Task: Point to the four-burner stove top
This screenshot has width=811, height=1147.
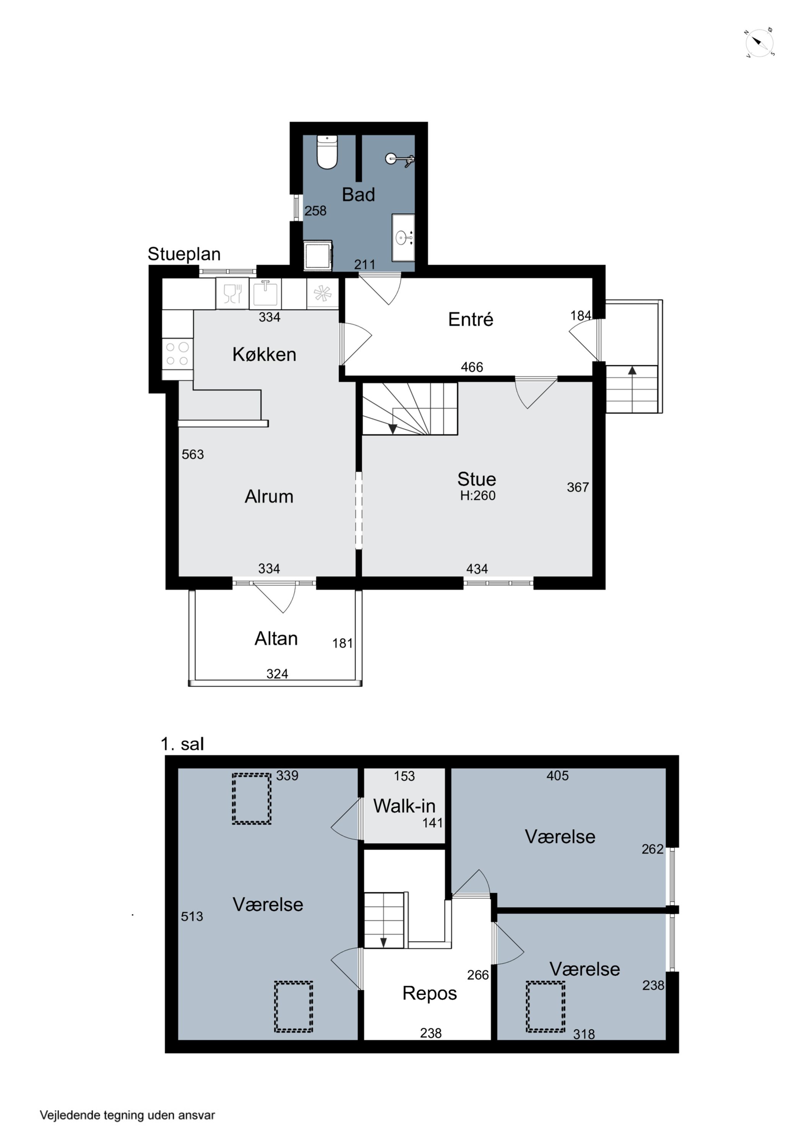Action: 177,354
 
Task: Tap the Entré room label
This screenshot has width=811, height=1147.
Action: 470,319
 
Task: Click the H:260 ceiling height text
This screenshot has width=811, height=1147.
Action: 478,496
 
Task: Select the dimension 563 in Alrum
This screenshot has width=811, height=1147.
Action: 193,454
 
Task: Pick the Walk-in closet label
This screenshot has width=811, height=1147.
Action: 404,806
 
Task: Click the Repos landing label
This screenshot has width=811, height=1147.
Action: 430,994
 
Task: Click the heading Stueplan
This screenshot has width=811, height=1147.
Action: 184,254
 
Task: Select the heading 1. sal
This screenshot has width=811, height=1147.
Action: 182,744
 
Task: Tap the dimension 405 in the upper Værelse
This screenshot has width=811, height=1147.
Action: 557,775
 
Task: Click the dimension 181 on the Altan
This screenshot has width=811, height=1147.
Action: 343,643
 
